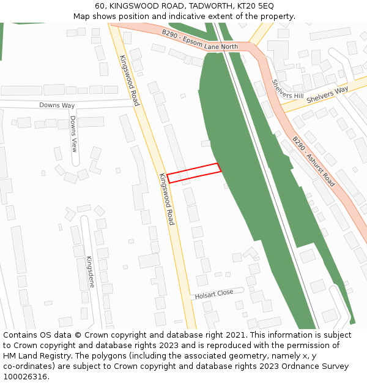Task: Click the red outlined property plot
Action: click(193, 173)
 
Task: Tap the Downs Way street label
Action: click(57, 105)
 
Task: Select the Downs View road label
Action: click(73, 134)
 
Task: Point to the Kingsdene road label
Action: click(91, 271)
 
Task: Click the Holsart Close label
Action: click(214, 294)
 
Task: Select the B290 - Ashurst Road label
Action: click(313, 161)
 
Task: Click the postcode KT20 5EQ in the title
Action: click(254, 6)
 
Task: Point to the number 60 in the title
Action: click(100, 6)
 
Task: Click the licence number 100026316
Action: click(25, 376)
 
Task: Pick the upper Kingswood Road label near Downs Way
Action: click(129, 80)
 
